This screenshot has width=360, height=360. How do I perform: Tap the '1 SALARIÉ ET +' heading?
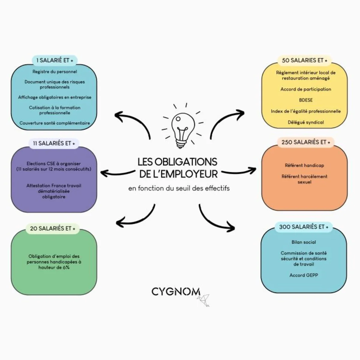[x=55, y=60]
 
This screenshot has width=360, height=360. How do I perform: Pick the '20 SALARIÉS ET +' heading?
[x=52, y=229]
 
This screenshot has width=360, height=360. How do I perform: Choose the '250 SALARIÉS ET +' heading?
[x=306, y=142]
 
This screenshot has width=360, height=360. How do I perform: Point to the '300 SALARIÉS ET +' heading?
[x=304, y=227]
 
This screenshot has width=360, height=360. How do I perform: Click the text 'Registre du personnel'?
[x=55, y=72]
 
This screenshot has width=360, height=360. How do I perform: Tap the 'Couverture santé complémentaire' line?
[x=55, y=123]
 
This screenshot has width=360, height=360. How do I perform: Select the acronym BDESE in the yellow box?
[x=306, y=100]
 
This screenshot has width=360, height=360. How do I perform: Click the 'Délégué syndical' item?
[x=306, y=122]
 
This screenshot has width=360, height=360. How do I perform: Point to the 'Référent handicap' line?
[x=304, y=165]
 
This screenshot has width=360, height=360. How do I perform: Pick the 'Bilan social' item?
[x=304, y=242]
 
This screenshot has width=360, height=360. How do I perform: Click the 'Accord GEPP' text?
[x=304, y=275]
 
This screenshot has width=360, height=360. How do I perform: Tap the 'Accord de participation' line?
[x=306, y=89]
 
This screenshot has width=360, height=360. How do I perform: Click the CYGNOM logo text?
[x=176, y=292]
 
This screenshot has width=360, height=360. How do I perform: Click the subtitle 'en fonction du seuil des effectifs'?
[x=179, y=188]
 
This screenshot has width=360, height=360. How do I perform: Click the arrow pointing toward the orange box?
[x=239, y=172]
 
